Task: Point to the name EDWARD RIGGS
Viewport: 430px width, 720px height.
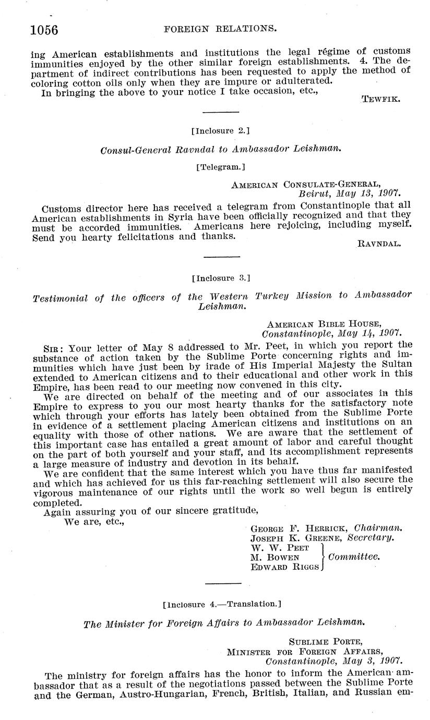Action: [x=284, y=567]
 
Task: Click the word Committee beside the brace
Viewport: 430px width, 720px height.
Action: [x=354, y=557]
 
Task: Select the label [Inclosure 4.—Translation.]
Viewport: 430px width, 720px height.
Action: [x=222, y=604]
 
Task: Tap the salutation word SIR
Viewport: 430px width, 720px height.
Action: [x=55, y=346]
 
